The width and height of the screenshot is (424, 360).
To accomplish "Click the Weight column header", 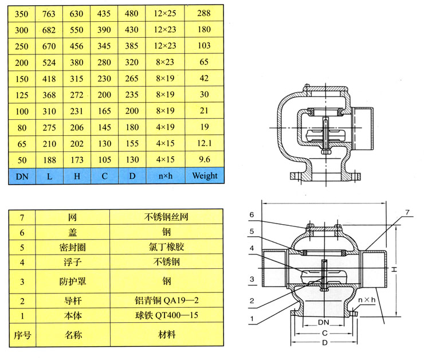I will coord(205,175).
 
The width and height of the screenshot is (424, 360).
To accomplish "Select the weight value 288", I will coord(205,13).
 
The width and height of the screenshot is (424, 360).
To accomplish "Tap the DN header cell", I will coord(22,175).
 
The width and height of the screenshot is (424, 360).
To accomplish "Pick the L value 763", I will coord(49,13).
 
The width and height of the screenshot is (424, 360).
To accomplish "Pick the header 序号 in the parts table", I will coord(22,334).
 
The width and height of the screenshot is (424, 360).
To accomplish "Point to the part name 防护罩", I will coord(72,281).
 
